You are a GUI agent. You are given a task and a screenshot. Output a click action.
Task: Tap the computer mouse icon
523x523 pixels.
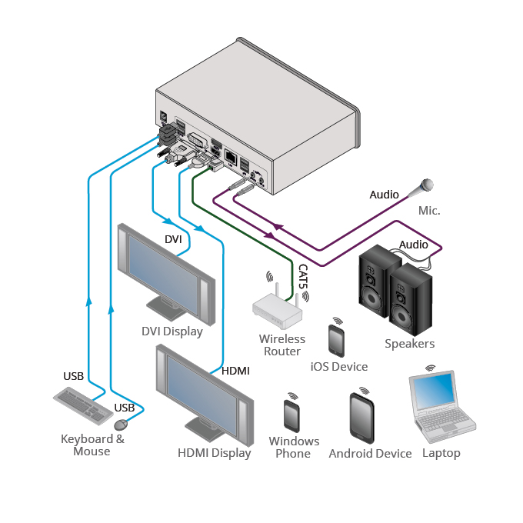point(120,425)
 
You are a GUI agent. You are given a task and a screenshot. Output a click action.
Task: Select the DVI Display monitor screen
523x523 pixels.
point(163,266)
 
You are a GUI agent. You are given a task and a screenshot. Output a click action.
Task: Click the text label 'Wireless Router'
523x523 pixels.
point(281,345)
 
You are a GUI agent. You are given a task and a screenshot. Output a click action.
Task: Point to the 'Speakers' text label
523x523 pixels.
point(410,344)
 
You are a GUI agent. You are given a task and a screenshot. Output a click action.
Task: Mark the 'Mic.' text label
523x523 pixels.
point(429,210)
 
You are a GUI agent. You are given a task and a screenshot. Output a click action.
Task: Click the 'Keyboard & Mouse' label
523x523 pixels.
point(92,445)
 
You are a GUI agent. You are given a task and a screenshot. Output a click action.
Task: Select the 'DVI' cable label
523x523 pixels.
point(173,240)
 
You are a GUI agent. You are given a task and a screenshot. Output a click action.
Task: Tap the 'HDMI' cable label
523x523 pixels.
point(235,371)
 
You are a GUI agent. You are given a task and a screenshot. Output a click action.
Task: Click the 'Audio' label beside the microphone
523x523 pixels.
point(384,195)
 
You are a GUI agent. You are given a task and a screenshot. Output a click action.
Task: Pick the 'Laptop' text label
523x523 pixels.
point(441,453)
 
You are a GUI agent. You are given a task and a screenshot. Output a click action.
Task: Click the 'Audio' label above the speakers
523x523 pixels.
point(413,245)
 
